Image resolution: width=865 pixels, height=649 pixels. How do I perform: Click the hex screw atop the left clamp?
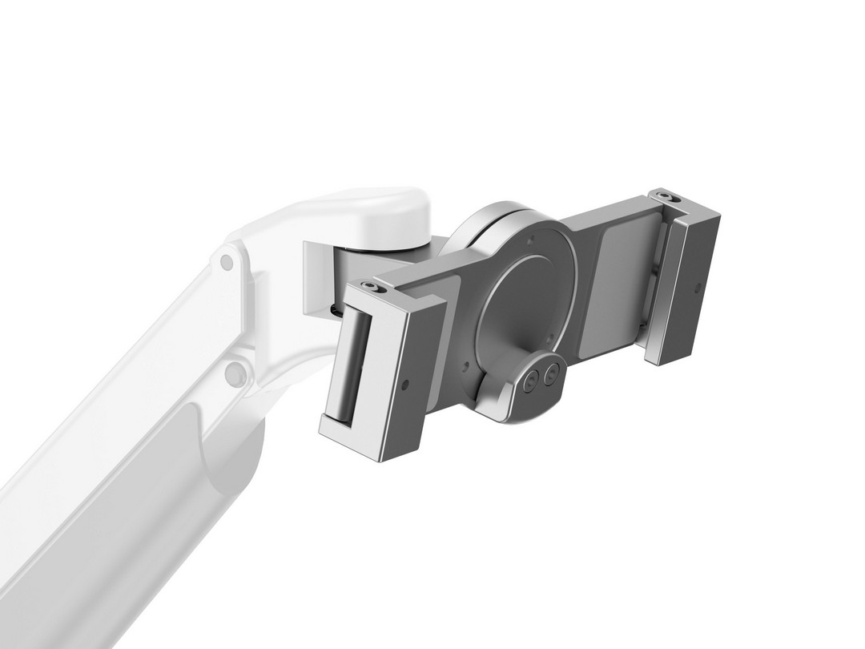point(369,286)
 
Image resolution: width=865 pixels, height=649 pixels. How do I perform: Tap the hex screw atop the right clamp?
point(665,195)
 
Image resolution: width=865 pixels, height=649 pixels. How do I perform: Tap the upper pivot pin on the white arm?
point(227,262)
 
